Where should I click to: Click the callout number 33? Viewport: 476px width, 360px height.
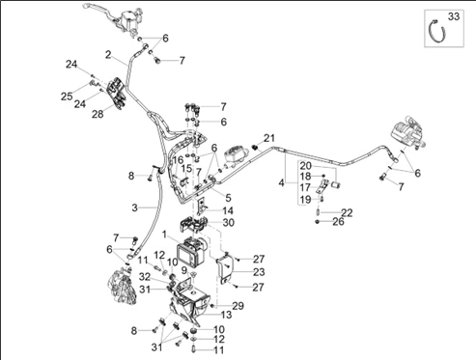click(454, 16)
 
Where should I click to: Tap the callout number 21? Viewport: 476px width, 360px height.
click(269, 138)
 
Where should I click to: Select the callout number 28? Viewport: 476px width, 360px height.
click(98, 114)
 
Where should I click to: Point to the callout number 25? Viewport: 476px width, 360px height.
click(67, 97)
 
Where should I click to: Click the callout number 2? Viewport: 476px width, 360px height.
click(108, 55)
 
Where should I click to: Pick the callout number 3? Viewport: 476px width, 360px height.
click(135, 208)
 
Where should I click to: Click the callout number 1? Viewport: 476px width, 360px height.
click(165, 235)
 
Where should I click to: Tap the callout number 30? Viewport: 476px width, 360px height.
click(228, 222)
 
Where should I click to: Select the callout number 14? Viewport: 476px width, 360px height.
click(228, 210)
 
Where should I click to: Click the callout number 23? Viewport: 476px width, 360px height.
click(259, 272)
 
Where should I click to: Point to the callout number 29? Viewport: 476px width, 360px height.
click(238, 306)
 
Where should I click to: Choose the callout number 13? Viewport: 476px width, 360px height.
click(226, 315)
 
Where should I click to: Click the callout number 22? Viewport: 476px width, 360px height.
click(347, 212)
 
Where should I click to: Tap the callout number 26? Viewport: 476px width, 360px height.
click(338, 221)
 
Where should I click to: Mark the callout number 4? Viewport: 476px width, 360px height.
click(282, 183)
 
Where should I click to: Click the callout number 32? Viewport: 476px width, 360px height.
click(145, 276)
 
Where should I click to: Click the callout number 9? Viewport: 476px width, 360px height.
click(184, 269)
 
